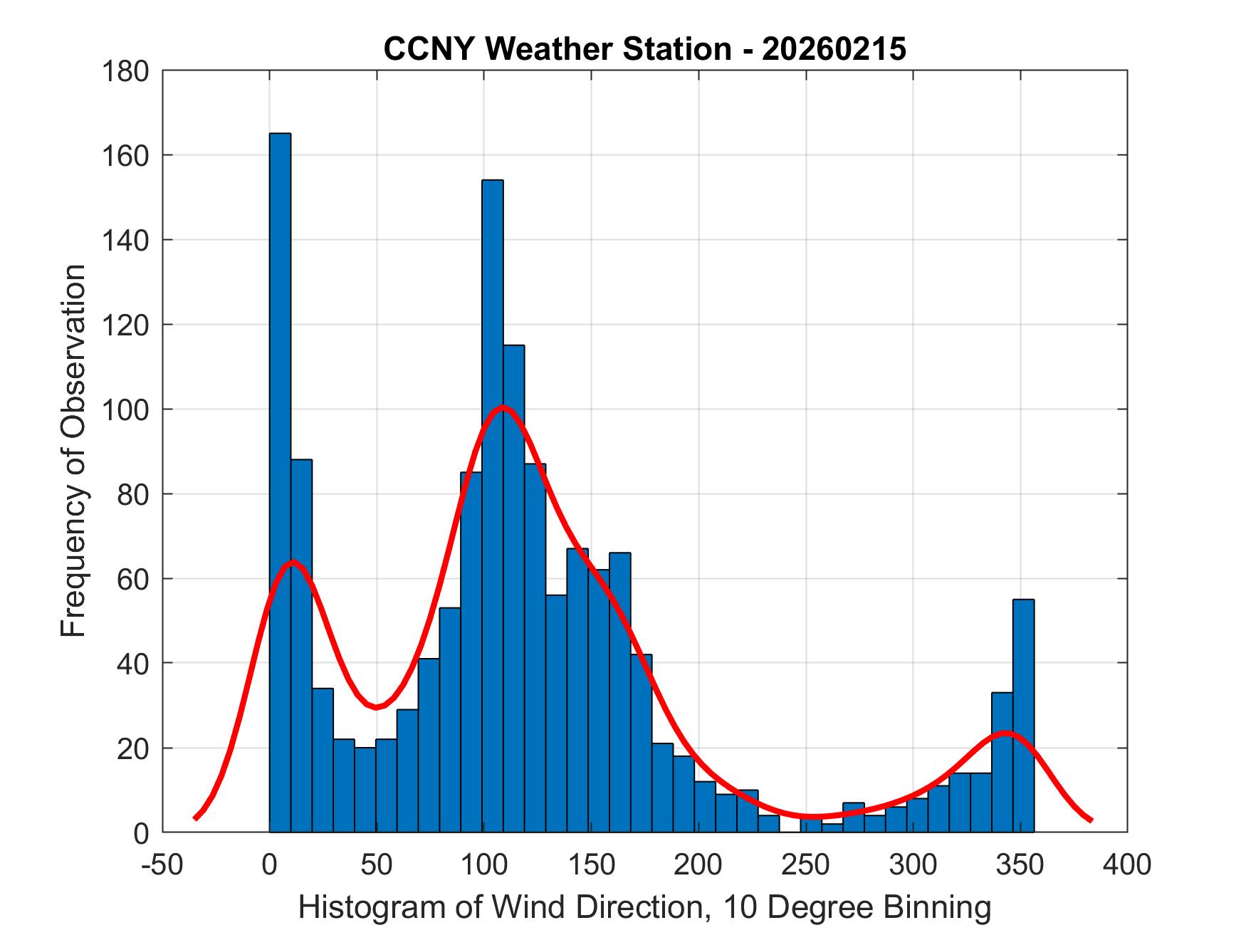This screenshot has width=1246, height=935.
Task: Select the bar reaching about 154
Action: click(x=493, y=506)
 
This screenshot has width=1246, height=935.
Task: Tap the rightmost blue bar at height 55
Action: click(x=1023, y=716)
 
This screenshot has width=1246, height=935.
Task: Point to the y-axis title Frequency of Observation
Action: click(x=73, y=451)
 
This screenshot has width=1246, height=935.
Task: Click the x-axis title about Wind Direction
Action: click(x=644, y=907)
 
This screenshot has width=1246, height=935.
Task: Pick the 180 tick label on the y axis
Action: click(x=125, y=71)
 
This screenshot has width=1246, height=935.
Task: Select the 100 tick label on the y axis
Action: click(x=125, y=409)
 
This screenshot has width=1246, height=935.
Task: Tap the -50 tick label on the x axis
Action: click(x=163, y=865)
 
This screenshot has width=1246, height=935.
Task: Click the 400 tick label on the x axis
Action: click(x=1127, y=865)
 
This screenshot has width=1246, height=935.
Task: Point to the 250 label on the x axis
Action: click(x=806, y=865)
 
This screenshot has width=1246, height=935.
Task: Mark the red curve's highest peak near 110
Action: click(x=503, y=407)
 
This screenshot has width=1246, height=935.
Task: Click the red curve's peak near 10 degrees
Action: click(x=293, y=563)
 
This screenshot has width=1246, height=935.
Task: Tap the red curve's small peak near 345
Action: click(x=1006, y=732)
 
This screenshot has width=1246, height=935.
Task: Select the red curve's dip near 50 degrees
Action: click(x=376, y=706)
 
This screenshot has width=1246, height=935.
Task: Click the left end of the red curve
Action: click(x=195, y=818)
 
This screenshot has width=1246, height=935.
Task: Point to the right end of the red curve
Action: click(x=1091, y=820)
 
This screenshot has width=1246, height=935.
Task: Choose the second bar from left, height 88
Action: click(x=301, y=645)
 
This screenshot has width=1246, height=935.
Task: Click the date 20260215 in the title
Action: click(x=834, y=49)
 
